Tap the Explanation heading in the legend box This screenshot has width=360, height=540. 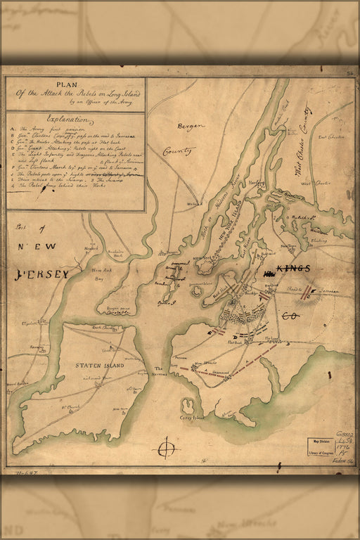(x=67, y=120)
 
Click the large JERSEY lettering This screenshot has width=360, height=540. (x=40, y=274)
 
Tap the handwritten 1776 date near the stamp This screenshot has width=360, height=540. (x=344, y=445)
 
